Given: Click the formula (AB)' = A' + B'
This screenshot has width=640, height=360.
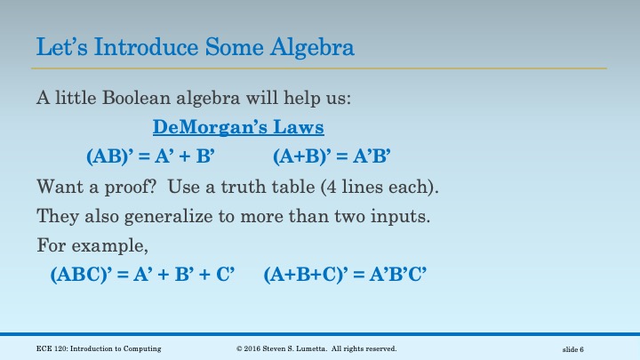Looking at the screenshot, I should point(151,157).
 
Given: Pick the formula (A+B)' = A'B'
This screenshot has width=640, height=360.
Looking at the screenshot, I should point(332,157).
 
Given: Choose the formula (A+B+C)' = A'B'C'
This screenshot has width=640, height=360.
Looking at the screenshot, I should point(346,275).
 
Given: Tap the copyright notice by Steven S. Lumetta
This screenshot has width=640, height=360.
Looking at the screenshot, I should point(316,348).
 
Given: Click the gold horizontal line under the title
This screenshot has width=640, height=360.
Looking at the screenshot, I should point(320,68).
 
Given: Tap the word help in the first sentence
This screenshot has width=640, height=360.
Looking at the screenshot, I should point(284,98).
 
